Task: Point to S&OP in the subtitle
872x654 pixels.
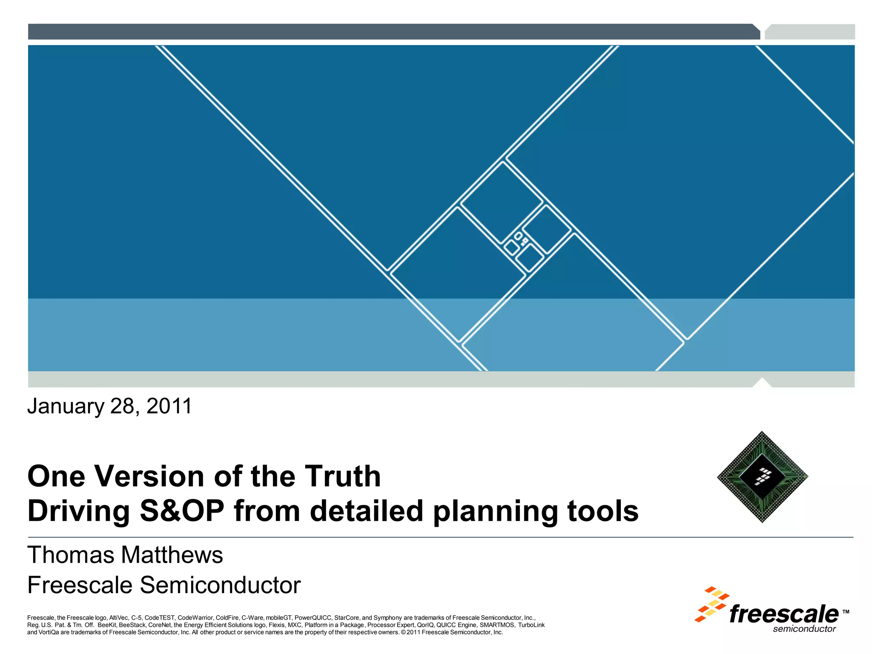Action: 182,511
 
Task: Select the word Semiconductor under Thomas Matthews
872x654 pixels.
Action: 220,585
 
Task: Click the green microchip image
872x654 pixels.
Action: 762,477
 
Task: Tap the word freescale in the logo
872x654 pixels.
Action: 783,614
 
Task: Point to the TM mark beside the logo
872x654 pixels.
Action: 846,612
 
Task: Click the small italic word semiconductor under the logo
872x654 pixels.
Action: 804,629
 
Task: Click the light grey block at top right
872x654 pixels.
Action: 810,32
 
